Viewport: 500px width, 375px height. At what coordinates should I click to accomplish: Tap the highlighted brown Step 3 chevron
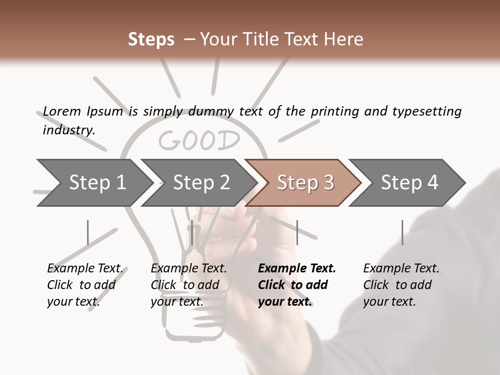click(304, 183)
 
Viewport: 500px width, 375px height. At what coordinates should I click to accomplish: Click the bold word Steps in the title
click(151, 39)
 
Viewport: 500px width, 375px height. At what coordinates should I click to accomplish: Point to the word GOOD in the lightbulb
click(199, 141)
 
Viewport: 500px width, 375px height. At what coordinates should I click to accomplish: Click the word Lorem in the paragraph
click(62, 111)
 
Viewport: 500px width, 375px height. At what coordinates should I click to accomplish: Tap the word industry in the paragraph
click(69, 130)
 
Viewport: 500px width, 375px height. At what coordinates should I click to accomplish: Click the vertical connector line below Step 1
click(87, 232)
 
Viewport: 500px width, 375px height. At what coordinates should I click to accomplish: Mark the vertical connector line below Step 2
click(192, 232)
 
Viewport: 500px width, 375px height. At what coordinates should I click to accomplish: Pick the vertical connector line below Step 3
click(297, 232)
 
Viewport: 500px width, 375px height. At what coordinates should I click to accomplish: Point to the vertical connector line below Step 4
click(402, 232)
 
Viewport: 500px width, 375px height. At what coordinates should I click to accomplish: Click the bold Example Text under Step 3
click(297, 268)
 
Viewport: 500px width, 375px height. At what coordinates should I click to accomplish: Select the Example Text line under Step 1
click(85, 268)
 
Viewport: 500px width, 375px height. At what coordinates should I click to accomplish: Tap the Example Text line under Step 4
click(401, 268)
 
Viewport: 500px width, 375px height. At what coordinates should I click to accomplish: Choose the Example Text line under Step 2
click(189, 268)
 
